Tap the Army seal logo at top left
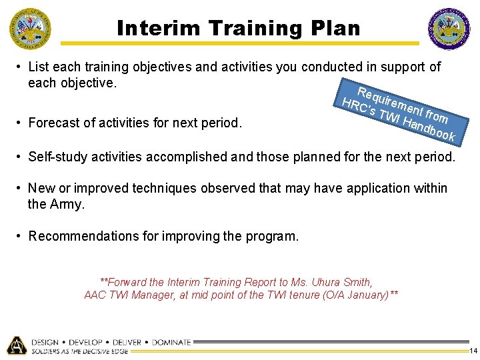coord(29,28)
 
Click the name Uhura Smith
coord(341,282)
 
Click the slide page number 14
coord(473,351)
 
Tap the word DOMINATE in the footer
coord(171,342)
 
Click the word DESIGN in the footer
coord(45,342)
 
